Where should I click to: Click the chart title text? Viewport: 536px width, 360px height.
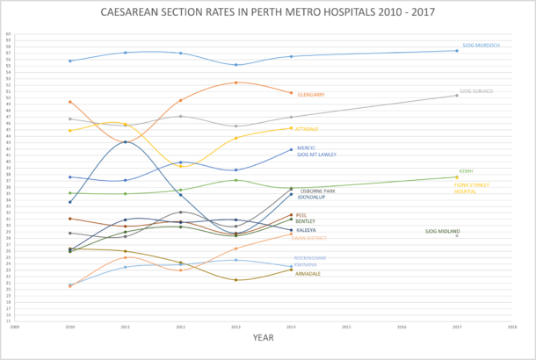tap(268, 14)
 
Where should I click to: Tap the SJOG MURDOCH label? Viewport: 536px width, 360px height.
tap(481, 45)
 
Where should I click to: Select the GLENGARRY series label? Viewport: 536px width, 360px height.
tap(312, 95)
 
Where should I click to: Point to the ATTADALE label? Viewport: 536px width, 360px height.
tap(307, 129)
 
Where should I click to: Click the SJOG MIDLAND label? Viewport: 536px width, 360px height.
tap(442, 231)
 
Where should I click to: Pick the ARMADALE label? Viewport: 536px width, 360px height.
tap(308, 273)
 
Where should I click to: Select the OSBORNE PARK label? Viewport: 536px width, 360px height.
tap(317, 191)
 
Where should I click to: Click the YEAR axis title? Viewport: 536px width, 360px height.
tap(263, 336)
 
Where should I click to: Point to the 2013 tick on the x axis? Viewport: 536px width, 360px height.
tap(235, 325)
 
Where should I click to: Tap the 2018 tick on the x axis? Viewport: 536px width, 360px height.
tap(511, 325)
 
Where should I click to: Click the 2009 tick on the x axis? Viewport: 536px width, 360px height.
tap(15, 325)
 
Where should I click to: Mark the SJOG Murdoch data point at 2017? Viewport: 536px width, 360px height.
tap(456, 50)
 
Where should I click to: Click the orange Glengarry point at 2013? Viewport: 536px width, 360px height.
tap(235, 83)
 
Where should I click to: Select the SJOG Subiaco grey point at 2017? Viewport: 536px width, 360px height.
tap(456, 95)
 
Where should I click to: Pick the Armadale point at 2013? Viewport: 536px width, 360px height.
tap(235, 280)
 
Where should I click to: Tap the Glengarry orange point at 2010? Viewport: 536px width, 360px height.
tap(69, 102)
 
